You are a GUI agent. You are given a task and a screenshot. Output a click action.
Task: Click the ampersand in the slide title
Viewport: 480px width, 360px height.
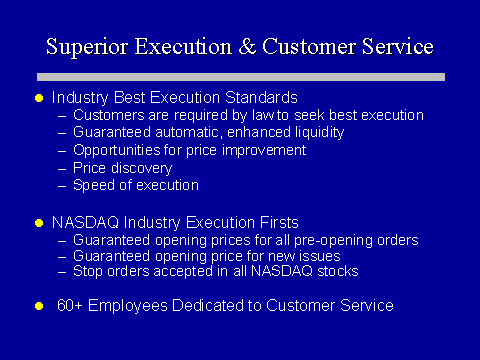[248, 47]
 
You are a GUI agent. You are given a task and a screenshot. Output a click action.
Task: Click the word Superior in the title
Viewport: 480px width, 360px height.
[87, 47]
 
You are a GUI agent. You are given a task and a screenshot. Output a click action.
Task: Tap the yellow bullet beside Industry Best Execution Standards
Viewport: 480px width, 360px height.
[39, 98]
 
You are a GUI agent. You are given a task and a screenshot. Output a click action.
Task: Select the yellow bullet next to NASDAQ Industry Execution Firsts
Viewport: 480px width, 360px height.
[39, 223]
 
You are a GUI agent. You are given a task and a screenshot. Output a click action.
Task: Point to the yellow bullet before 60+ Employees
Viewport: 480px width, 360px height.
[39, 306]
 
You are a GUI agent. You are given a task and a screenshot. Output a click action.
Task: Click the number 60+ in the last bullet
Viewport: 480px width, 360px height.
[70, 305]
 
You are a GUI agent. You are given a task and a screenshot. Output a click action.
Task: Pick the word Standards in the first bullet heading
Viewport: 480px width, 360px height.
[261, 98]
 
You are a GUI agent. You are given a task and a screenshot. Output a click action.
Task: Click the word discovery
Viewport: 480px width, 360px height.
[142, 168]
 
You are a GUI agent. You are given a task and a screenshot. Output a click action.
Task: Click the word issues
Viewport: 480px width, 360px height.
[320, 256]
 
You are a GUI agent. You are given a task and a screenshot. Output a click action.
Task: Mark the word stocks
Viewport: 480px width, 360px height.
[338, 271]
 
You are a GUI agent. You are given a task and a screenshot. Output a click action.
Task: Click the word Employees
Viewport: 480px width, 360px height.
[128, 306]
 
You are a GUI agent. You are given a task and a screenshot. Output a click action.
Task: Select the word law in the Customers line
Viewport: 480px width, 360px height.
[263, 115]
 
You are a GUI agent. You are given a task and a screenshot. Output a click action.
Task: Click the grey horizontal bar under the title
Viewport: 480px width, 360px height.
[241, 77]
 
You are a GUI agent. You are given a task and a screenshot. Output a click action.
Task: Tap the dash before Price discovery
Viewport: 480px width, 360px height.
[62, 169]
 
